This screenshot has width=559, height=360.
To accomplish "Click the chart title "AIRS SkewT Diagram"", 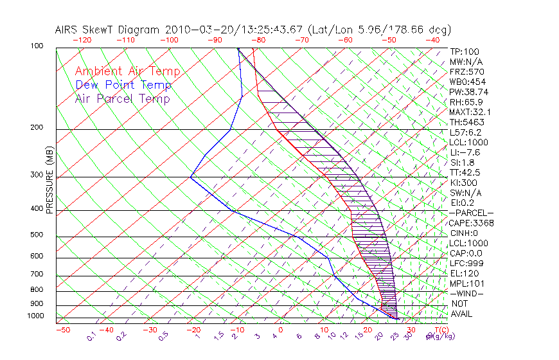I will pyautogui.click(x=109, y=30).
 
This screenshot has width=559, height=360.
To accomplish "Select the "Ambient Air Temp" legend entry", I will pyautogui.click(x=127, y=71).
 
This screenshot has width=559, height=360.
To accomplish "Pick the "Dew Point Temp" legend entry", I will pyautogui.click(x=123, y=85).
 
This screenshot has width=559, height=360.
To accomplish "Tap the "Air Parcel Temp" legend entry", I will pyautogui.click(x=122, y=98).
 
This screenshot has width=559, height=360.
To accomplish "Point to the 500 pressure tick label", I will pyautogui.click(x=37, y=235).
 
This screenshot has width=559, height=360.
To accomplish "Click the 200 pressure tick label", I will pyautogui.click(x=37, y=127).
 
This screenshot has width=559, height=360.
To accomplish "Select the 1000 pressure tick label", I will pyautogui.click(x=35, y=316).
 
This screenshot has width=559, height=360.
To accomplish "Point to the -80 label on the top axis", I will pyautogui.click(x=258, y=40).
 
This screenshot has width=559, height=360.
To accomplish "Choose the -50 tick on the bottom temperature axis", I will pyautogui.click(x=62, y=330).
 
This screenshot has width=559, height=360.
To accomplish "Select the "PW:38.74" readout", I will pyautogui.click(x=468, y=92).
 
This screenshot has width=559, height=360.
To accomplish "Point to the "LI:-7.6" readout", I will pyautogui.click(x=465, y=152).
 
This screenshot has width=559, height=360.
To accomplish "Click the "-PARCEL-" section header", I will pyautogui.click(x=471, y=213).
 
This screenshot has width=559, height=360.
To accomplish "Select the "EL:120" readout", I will pyautogui.click(x=464, y=273).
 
